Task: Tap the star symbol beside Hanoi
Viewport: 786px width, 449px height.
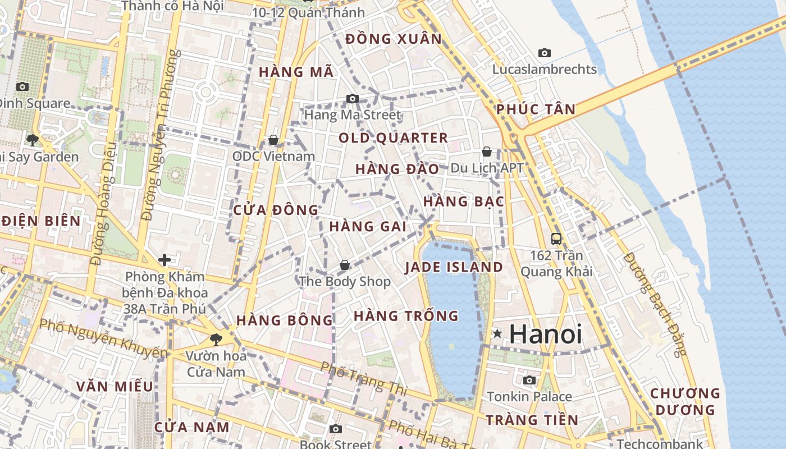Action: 497,333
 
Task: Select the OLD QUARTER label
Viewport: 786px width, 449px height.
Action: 393,138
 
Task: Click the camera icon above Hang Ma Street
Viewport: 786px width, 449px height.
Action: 352,99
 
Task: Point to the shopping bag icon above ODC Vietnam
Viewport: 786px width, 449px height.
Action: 273,139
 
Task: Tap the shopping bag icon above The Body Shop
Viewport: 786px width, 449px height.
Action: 344,264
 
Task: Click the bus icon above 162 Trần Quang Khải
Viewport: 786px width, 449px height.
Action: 556,239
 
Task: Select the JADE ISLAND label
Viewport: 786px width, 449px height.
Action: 454,267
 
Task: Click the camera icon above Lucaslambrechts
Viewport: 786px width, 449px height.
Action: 544,53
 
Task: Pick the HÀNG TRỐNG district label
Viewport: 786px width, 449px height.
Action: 406,316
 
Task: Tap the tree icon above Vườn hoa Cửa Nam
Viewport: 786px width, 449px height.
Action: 216,339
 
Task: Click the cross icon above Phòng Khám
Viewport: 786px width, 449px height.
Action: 164,260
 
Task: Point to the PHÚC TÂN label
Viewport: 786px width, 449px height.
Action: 536,109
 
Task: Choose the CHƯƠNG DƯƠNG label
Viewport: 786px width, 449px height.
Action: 684,401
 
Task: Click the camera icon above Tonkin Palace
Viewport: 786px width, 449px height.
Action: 529,380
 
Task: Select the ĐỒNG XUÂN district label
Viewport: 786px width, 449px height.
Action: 394,39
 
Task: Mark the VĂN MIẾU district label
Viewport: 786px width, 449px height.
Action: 115,386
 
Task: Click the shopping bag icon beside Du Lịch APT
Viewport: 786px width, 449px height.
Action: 487,152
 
